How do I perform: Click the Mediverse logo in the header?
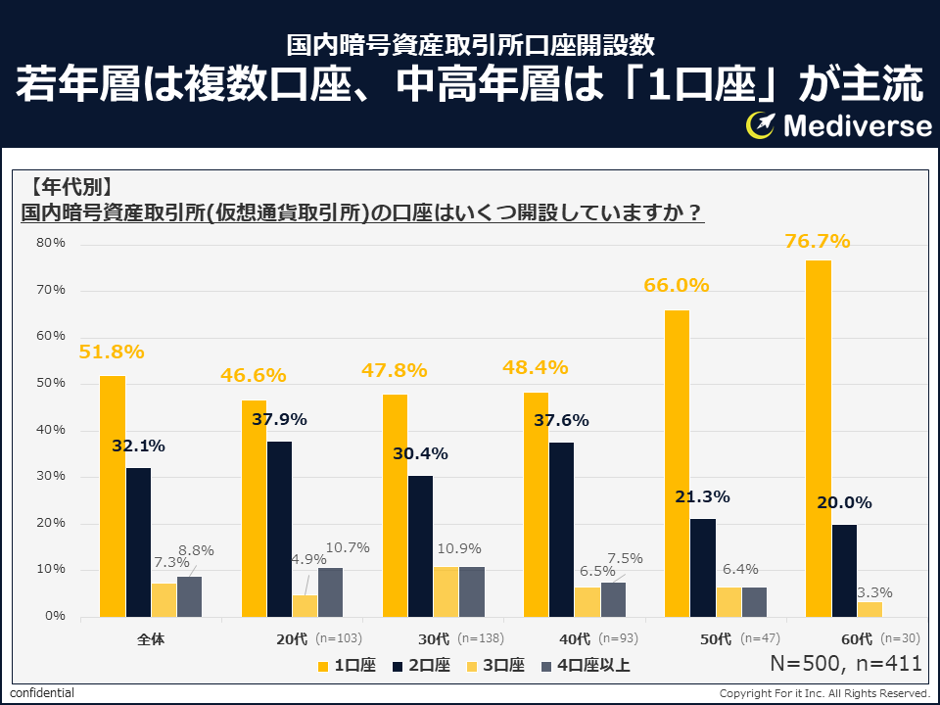[839, 125]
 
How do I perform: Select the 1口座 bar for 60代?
[818, 438]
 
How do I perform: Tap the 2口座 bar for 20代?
[279, 529]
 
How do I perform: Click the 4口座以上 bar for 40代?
[613, 599]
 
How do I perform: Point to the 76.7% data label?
[817, 241]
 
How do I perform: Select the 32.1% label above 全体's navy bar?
[138, 446]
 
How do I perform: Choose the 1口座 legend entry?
[347, 666]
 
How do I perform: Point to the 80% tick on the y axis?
[51, 243]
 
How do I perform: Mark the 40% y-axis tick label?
[51, 430]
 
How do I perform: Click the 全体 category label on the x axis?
[151, 639]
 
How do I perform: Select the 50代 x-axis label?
[716, 639]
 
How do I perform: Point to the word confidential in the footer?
[42, 693]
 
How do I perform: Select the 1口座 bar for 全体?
[112, 495]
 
